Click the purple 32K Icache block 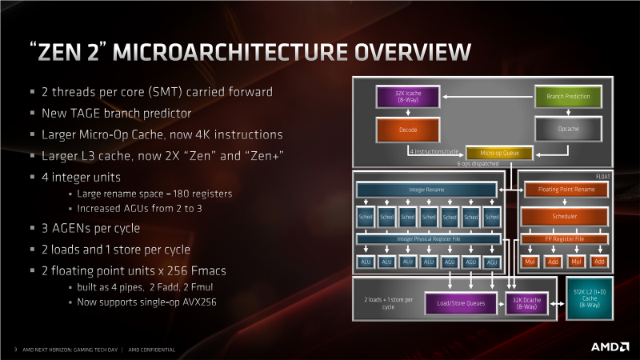coord(406,97)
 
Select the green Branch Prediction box coord(567,97)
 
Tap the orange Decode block coord(406,129)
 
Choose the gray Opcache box coord(567,129)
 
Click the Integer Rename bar coord(428,190)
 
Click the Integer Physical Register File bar coord(428,238)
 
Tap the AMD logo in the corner coord(608,347)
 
